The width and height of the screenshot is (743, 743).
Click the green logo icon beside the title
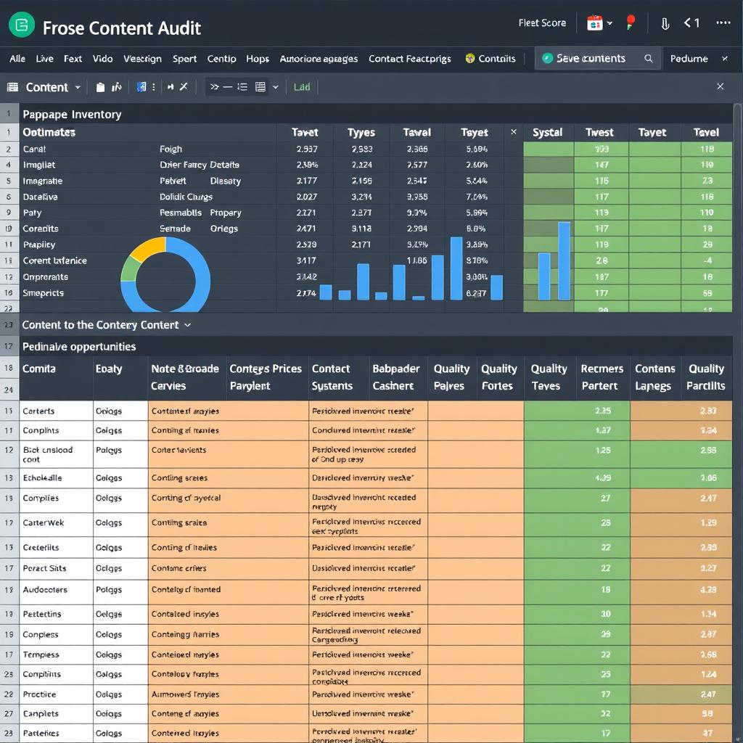(x=22, y=25)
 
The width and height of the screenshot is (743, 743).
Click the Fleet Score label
(x=542, y=23)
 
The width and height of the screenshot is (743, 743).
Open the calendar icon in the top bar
(x=595, y=23)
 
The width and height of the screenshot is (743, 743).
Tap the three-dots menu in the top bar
(x=723, y=23)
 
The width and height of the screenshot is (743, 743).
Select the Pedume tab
(x=689, y=59)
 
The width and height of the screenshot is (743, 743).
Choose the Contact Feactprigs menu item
(x=409, y=59)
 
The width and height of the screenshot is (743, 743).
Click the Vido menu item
(x=102, y=59)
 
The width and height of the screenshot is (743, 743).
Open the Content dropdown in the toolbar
(x=53, y=87)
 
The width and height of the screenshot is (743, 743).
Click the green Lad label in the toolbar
(x=302, y=87)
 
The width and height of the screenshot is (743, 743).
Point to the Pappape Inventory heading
(x=72, y=114)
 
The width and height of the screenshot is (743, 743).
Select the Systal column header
(x=547, y=132)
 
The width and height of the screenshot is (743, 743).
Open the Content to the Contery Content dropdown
(x=107, y=325)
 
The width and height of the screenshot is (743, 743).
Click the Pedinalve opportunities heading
(x=79, y=347)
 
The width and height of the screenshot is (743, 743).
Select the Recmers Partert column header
(x=602, y=377)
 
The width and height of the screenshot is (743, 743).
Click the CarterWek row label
(x=44, y=522)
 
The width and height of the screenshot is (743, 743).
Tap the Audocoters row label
(x=45, y=590)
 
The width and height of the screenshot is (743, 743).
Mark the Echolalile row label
(x=42, y=478)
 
